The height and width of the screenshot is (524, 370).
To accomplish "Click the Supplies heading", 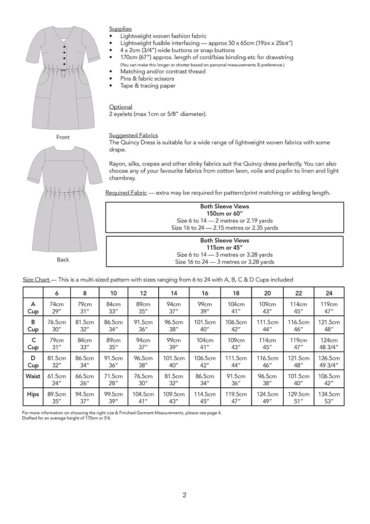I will pos(120,29).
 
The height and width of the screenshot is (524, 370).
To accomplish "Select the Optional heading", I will pos(120,107).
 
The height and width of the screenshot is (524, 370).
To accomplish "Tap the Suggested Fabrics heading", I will pos(133,135).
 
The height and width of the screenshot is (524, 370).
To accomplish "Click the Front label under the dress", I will pos(63,137).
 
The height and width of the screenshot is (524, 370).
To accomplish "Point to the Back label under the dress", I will pos(63,260).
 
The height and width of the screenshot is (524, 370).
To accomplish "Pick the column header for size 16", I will pos(205,293).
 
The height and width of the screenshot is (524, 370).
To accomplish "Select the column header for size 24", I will pos(329,293).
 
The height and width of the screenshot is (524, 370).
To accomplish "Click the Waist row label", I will pos(33,376).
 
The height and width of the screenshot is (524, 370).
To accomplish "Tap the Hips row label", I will pos(33,394).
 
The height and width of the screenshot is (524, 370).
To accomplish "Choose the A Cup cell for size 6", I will pos(57,308).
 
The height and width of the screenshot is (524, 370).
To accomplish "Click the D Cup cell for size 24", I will pos(329,362).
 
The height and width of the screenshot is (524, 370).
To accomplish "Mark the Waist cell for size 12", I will pos(143,380).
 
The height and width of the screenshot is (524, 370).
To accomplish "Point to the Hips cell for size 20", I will pos(267,398).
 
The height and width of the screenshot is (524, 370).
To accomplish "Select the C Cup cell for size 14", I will pos(174,344).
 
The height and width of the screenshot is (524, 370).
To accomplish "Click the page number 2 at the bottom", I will pos(185,496).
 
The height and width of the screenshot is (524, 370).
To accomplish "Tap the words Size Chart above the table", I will pos(36,280).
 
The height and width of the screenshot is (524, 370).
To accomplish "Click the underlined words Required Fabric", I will pos(126,193).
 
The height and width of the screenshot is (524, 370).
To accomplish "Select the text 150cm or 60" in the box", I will pos(224,213).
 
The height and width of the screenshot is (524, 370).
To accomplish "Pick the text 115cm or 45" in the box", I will pos(224,247).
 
